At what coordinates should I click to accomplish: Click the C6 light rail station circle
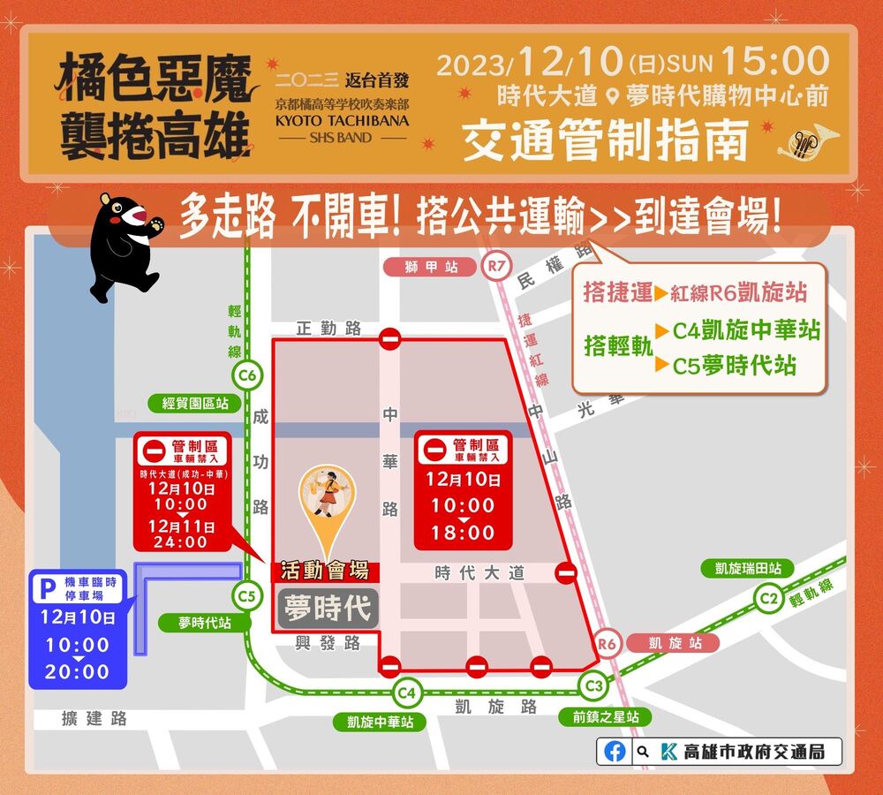click(248, 376)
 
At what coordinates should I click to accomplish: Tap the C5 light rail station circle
click(246, 596)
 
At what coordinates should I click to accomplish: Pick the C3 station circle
click(593, 685)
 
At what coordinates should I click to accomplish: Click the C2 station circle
click(768, 599)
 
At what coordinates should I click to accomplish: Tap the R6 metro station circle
click(607, 644)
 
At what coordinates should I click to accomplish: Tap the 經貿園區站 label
click(195, 403)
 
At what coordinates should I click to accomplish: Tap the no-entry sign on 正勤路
click(389, 338)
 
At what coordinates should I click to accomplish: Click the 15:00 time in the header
click(775, 63)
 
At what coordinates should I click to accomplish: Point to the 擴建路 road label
click(94, 719)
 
